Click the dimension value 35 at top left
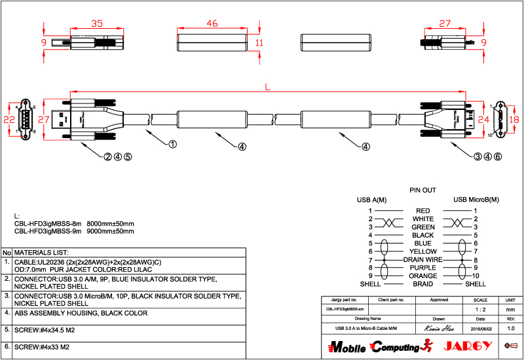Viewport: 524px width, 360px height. coord(97,24)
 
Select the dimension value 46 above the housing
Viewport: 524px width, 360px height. coord(212,24)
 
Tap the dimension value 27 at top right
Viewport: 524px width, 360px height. coord(445,24)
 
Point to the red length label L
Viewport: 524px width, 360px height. coord(268,86)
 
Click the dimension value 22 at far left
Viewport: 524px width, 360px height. coord(9,120)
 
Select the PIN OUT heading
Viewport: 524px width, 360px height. coord(422,190)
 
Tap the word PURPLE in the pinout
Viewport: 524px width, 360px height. coord(423,268)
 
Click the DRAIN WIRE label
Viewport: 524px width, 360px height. coord(423,260)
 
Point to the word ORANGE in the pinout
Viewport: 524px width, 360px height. coord(423,276)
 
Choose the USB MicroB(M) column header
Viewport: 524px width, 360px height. coord(476,199)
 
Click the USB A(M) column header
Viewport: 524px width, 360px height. coord(371,199)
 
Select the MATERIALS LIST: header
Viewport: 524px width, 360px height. coord(42,252)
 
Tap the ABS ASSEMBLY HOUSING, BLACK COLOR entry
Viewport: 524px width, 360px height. coord(81,313)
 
